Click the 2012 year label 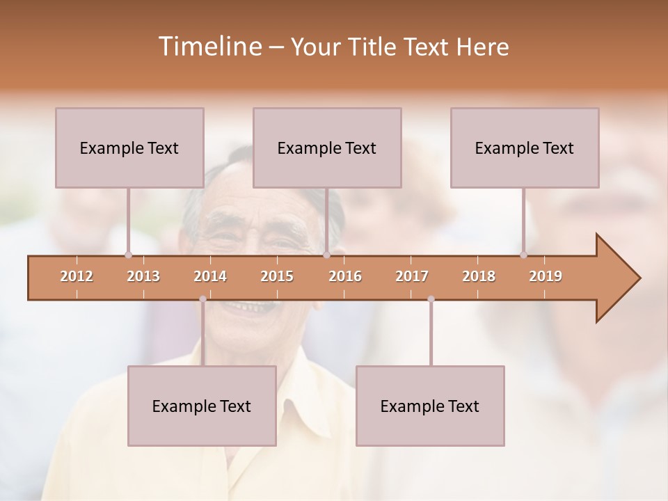point(77,276)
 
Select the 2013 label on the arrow point(143,276)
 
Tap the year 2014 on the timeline point(210,276)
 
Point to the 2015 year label point(277,276)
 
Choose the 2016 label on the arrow point(345,276)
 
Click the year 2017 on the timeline point(412,276)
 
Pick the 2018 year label point(479,276)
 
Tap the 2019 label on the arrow point(546,276)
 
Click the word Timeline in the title point(209,47)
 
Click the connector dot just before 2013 point(128,255)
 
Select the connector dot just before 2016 point(326,255)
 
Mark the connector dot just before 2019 point(523,255)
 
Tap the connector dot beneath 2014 point(202,299)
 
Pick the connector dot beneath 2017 point(431,299)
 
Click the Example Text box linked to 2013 point(129,148)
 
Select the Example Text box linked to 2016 point(327,148)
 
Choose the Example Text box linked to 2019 point(525,148)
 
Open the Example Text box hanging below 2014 point(202,406)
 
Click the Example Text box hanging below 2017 point(430,406)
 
